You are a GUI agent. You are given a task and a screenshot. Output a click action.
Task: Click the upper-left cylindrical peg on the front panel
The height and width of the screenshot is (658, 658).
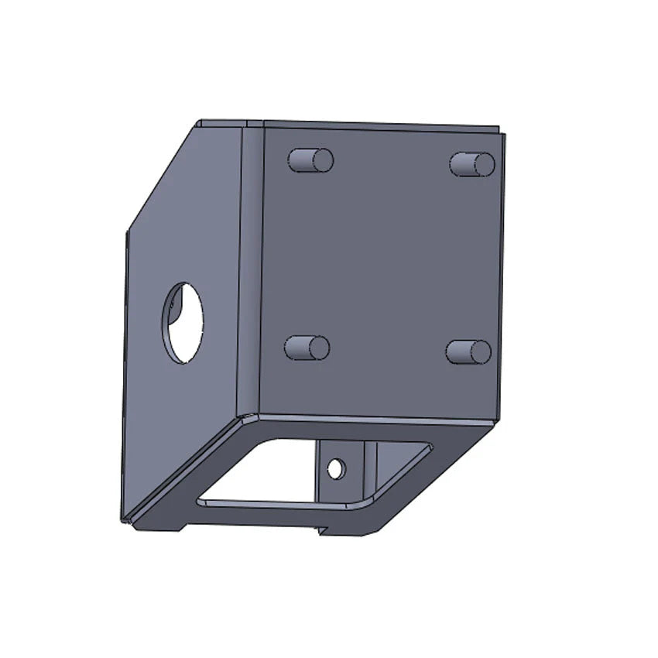[x=310, y=160]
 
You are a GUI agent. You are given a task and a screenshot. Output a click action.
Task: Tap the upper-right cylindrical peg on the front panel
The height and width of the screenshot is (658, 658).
[x=472, y=164]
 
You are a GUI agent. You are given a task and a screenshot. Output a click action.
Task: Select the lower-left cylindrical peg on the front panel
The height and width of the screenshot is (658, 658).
[x=307, y=348]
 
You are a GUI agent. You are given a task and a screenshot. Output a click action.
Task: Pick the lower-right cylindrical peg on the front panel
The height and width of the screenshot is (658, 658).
[x=468, y=351]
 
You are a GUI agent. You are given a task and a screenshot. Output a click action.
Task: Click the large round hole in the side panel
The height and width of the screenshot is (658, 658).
[x=183, y=322]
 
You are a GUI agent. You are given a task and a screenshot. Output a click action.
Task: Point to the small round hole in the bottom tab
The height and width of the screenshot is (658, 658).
[x=335, y=468]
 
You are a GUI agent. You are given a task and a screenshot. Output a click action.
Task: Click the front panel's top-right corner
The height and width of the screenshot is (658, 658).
[x=500, y=134]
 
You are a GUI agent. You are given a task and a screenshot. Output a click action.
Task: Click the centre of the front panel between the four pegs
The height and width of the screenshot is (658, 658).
[x=387, y=255]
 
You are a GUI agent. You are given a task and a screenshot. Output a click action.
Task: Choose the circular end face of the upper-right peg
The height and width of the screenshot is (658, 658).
[x=484, y=165]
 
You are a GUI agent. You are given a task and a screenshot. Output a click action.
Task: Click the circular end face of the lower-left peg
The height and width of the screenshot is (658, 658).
[x=319, y=348]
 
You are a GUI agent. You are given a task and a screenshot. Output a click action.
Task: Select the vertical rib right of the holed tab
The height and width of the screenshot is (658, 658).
[x=371, y=468]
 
